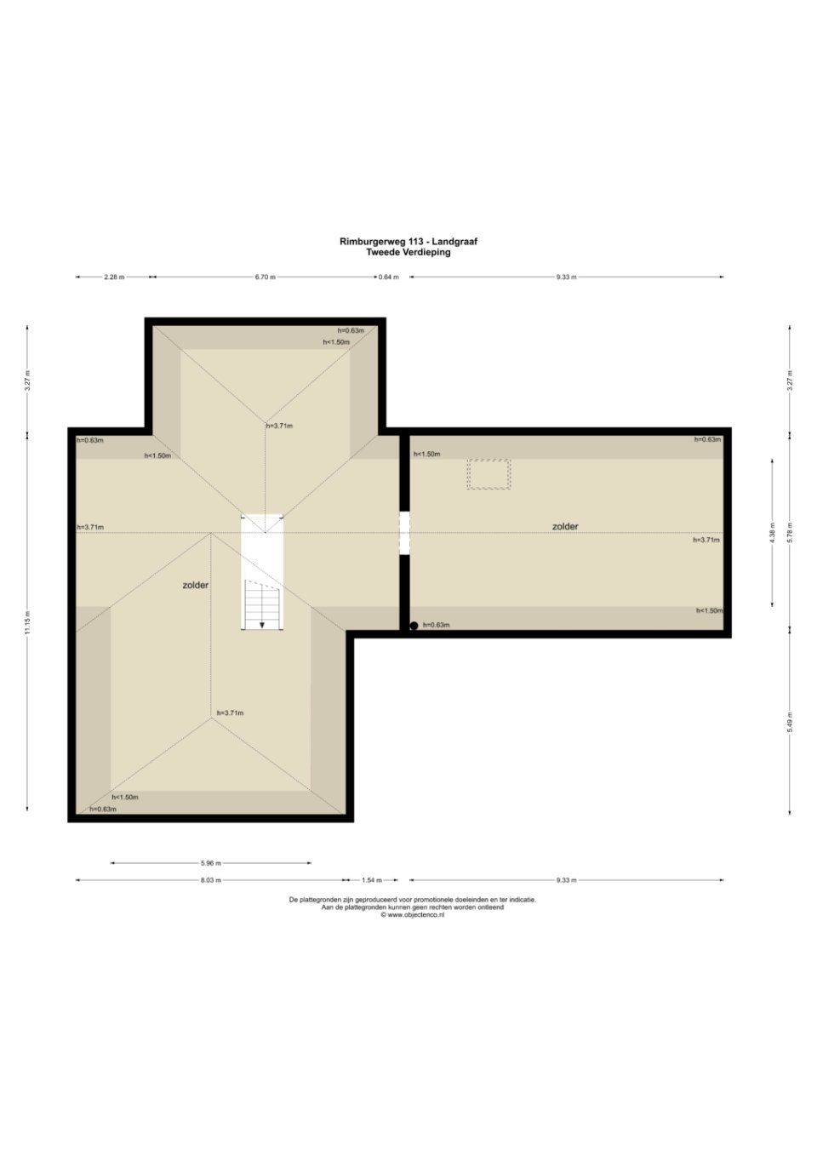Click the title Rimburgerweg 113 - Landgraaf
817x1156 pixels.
click(x=408, y=241)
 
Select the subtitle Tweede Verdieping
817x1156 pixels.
click(x=408, y=252)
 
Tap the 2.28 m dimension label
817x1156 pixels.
click(x=114, y=278)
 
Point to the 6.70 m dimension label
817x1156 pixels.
click(x=266, y=278)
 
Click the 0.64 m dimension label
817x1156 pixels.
click(x=388, y=278)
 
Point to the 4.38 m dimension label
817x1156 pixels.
click(x=772, y=533)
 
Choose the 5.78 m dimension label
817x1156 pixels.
click(x=789, y=533)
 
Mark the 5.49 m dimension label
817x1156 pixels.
click(x=789, y=723)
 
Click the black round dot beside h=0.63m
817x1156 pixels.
click(x=414, y=626)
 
